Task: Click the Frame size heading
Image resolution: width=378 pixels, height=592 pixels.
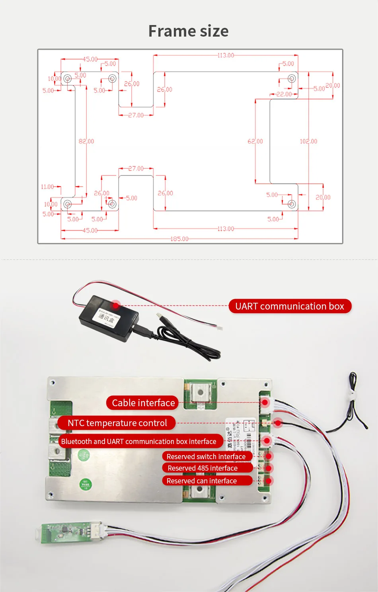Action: point(189,31)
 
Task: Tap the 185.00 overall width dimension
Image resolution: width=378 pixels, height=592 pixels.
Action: point(179,239)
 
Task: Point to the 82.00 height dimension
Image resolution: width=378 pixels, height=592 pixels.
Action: point(86,141)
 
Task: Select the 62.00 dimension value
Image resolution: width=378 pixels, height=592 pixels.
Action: point(255,141)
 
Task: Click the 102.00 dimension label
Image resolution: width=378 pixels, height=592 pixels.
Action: point(308,141)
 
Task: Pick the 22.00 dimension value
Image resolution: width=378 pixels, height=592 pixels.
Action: point(284,94)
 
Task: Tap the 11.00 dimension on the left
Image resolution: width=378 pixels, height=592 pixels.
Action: point(47,187)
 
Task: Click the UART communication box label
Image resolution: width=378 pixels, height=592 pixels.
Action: point(290,306)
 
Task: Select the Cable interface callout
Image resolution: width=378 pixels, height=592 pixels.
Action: point(143,403)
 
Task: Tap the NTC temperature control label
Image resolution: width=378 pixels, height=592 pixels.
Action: point(117,423)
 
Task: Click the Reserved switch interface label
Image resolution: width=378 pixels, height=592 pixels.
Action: point(206,456)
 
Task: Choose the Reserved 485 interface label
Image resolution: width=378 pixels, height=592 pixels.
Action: point(203,468)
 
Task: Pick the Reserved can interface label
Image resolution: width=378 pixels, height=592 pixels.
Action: point(202,481)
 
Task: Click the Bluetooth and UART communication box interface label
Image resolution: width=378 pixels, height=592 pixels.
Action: point(138,442)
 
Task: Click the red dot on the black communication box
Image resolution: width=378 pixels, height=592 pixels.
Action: point(116,305)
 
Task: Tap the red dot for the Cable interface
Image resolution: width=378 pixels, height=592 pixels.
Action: point(265,403)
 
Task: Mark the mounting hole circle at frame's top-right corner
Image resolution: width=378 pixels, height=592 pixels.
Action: point(292,78)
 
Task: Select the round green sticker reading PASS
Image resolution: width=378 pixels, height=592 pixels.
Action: point(86,484)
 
